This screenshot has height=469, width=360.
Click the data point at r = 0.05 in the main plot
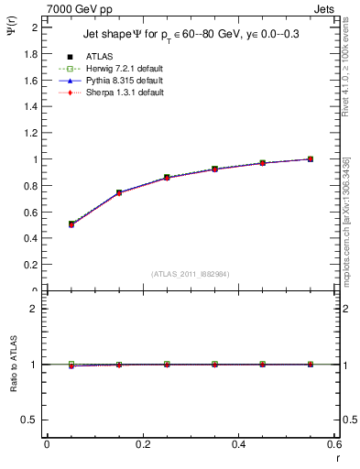pos(71,224)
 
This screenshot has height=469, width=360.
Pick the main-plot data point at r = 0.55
pos(311,159)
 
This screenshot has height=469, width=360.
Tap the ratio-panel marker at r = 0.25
pos(167,364)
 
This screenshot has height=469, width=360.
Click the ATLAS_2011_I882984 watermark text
pos(191,273)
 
